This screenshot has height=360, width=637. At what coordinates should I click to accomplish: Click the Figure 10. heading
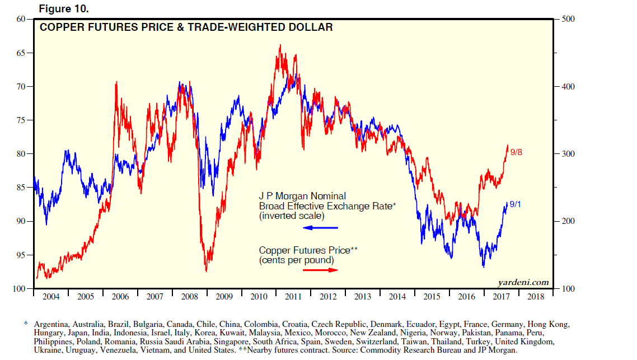tap(64, 10)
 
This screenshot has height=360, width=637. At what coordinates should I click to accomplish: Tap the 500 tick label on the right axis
tap(568, 19)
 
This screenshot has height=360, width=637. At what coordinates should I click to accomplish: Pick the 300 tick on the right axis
tap(568, 154)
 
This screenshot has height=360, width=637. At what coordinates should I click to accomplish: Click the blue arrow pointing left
tap(320, 228)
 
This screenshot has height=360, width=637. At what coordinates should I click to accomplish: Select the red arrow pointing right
tap(320, 270)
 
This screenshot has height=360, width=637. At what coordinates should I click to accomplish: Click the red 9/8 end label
tap(517, 152)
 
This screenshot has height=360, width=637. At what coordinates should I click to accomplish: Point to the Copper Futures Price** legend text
tap(308, 250)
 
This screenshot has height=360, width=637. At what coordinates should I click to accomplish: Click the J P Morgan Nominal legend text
tap(302, 196)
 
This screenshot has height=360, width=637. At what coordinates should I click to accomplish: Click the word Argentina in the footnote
tap(52, 325)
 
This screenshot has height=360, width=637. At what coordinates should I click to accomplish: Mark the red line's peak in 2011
tap(280, 45)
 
